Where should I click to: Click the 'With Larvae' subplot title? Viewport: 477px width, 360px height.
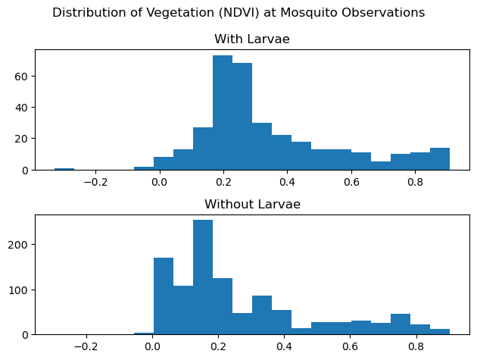252,39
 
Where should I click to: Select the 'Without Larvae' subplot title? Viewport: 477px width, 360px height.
252,205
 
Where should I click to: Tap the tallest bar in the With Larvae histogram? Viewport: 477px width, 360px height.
223,113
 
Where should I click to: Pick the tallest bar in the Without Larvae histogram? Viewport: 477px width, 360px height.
203,277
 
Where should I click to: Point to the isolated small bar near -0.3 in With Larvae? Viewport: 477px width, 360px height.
64,169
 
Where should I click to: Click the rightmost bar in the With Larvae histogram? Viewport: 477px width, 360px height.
440,159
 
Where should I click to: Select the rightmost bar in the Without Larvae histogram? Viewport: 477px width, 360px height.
440,332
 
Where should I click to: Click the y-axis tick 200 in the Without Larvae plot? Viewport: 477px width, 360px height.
19,245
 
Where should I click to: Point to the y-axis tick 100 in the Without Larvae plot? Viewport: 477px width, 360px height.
19,290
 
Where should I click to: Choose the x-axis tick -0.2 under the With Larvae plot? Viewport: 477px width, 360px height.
92,183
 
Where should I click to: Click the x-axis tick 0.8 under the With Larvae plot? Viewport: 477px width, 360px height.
415,183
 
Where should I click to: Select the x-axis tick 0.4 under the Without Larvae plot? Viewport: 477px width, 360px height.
285,347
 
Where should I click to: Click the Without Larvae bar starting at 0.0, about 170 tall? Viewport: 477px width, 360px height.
164,296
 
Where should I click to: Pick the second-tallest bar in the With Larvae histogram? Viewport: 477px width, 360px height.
242,117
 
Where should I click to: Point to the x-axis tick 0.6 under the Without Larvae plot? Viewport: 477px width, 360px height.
350,347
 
